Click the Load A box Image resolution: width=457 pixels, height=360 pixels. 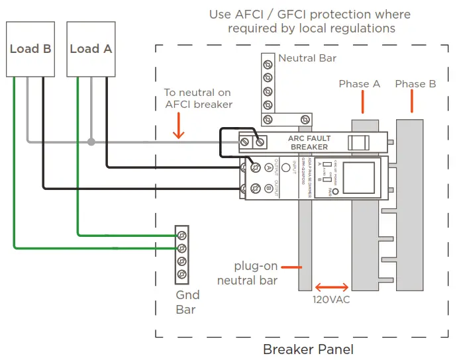[91, 49]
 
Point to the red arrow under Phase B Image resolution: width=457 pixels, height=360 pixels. [411, 101]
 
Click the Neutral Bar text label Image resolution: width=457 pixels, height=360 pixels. [307, 58]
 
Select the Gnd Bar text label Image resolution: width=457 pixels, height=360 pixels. [185, 302]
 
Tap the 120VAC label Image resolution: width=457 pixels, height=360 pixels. [331, 299]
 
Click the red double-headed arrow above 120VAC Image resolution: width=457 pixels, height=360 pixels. [332, 287]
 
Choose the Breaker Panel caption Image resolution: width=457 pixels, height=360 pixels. [308, 349]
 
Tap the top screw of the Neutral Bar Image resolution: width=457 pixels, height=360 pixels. [268, 65]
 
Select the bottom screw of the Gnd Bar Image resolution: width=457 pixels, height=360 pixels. [181, 275]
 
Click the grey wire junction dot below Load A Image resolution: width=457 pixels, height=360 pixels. [91, 141]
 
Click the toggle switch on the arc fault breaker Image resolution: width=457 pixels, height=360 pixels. [358, 142]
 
